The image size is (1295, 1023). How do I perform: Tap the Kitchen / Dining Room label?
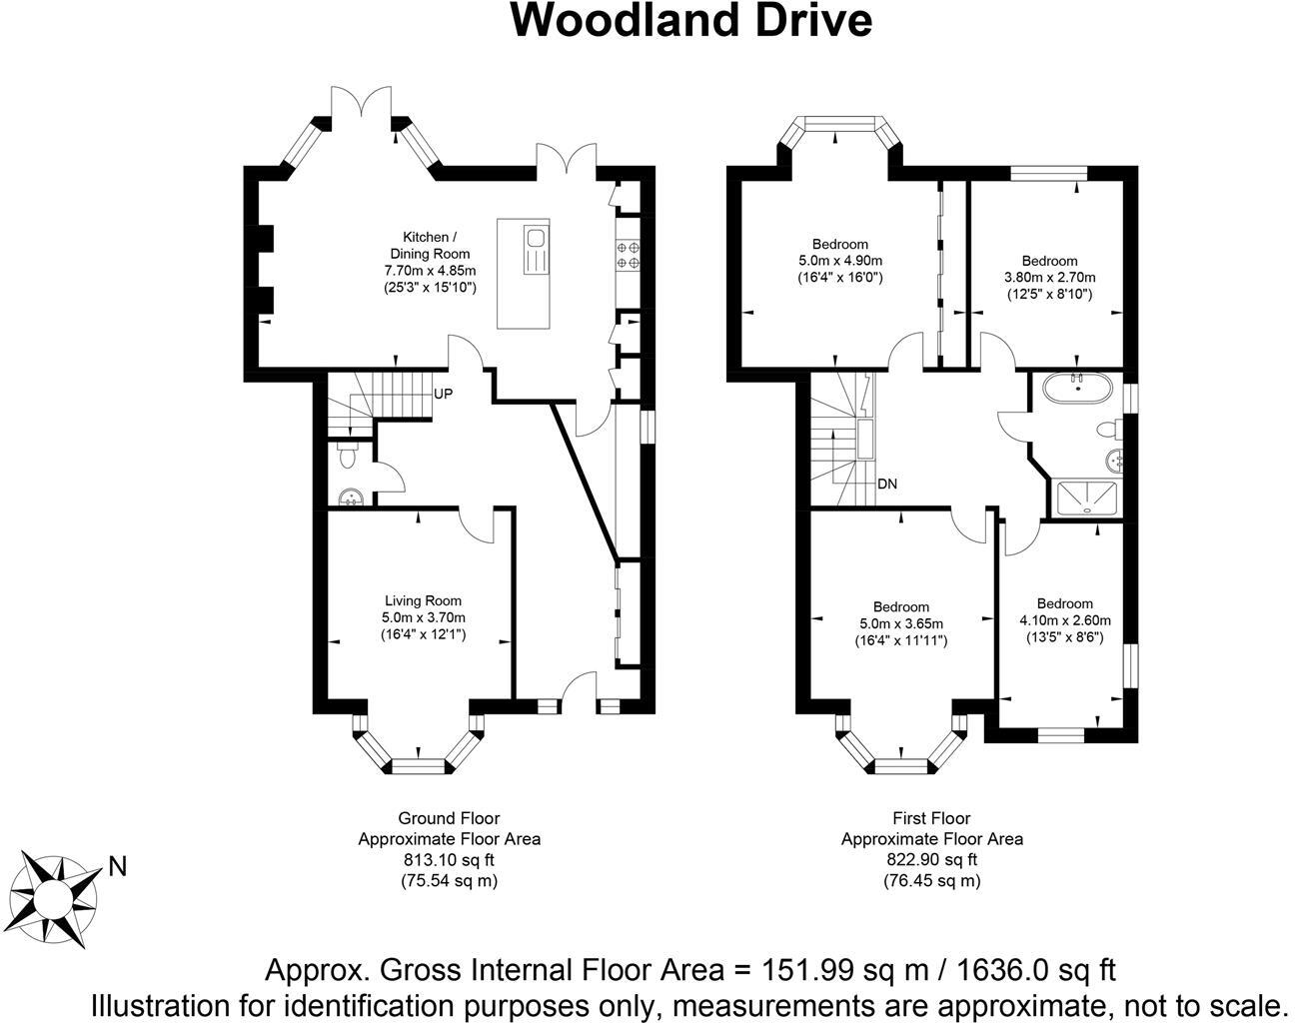pyautogui.click(x=430, y=245)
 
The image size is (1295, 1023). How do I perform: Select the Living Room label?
pyautogui.click(x=423, y=600)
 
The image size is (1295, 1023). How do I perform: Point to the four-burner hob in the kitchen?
pyautogui.click(x=629, y=254)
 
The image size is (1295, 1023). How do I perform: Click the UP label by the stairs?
pyautogui.click(x=443, y=394)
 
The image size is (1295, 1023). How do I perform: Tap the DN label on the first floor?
pyautogui.click(x=886, y=484)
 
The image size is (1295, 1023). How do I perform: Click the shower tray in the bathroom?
pyautogui.click(x=1083, y=498)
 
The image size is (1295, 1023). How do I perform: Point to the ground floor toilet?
pyautogui.click(x=347, y=456)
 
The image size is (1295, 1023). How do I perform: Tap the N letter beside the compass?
pyautogui.click(x=118, y=866)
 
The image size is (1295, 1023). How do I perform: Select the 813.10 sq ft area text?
pyautogui.click(x=449, y=859)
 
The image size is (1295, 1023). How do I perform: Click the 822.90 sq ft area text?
pyautogui.click(x=931, y=859)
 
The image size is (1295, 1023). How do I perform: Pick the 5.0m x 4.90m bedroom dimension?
pyautogui.click(x=839, y=261)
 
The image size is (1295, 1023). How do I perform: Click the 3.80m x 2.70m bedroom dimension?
pyautogui.click(x=1049, y=278)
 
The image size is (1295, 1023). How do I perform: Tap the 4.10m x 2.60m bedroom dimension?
pyautogui.click(x=1064, y=620)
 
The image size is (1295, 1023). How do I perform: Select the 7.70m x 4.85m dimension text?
pyautogui.click(x=430, y=271)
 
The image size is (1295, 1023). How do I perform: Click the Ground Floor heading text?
pyautogui.click(x=449, y=818)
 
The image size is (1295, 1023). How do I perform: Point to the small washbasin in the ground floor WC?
pyautogui.click(x=350, y=497)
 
